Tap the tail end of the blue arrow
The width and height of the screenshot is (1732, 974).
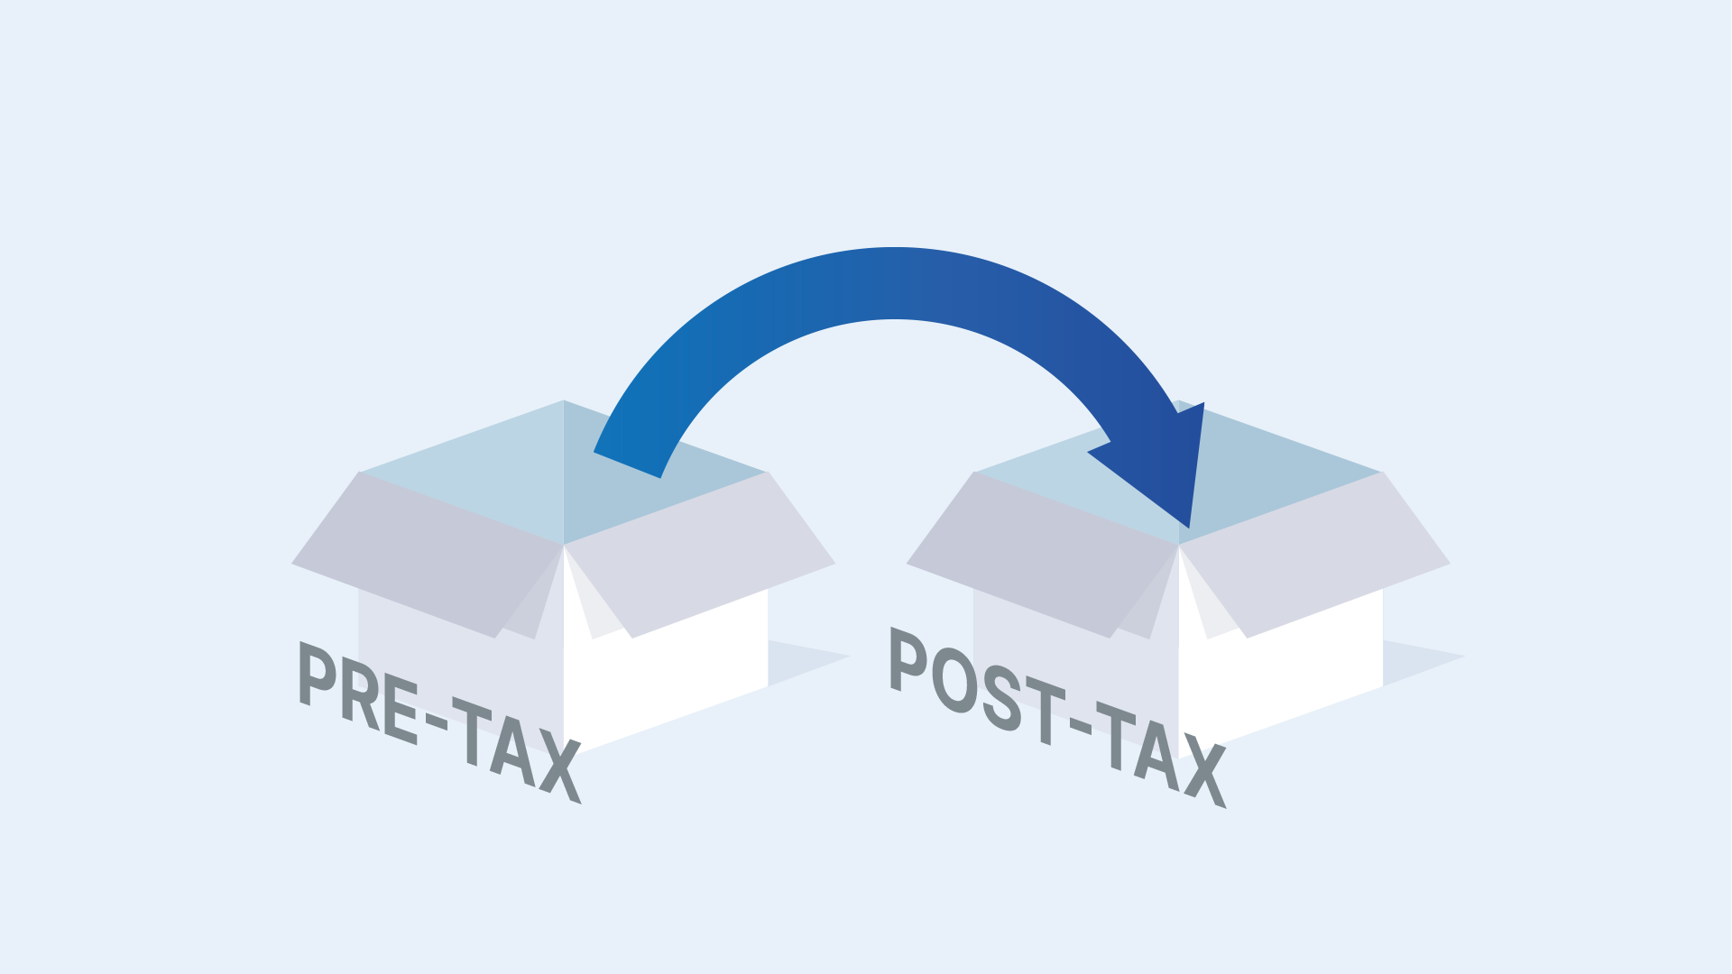tap(627, 464)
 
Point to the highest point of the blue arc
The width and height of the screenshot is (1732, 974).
tap(895, 248)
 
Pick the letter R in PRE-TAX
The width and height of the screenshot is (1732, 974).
tap(361, 692)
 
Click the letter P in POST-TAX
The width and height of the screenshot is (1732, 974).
tap(907, 659)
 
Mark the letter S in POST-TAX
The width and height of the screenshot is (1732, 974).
tap(1001, 698)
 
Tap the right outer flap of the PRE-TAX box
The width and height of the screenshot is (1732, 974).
tap(700, 555)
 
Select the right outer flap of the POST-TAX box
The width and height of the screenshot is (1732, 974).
tap(1315, 555)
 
